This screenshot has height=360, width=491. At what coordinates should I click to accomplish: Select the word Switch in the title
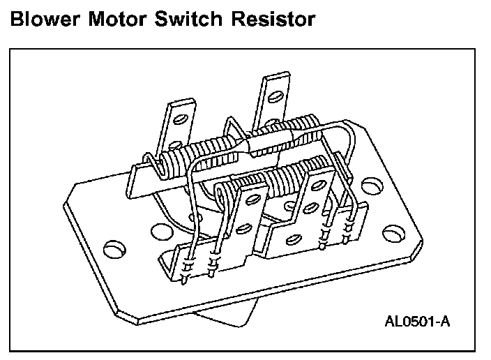coord(188,19)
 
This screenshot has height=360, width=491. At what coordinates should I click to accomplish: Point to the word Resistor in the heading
coord(273,19)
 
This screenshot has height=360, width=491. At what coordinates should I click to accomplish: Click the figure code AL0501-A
coord(417,321)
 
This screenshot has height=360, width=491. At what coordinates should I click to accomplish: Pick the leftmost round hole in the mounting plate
coord(114,249)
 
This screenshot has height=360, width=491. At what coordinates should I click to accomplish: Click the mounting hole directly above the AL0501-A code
coord(393,234)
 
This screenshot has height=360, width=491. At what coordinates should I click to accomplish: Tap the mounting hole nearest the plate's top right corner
coord(372,186)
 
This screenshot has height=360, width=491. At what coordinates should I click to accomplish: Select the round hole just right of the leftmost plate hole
coord(162,232)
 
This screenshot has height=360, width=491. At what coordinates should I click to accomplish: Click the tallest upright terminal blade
coord(273,97)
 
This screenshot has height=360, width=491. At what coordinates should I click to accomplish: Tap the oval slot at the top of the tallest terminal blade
coord(275,96)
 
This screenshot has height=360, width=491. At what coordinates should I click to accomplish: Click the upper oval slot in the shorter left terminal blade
coord(180,119)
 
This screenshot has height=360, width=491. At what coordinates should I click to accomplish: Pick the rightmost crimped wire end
coord(347,234)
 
